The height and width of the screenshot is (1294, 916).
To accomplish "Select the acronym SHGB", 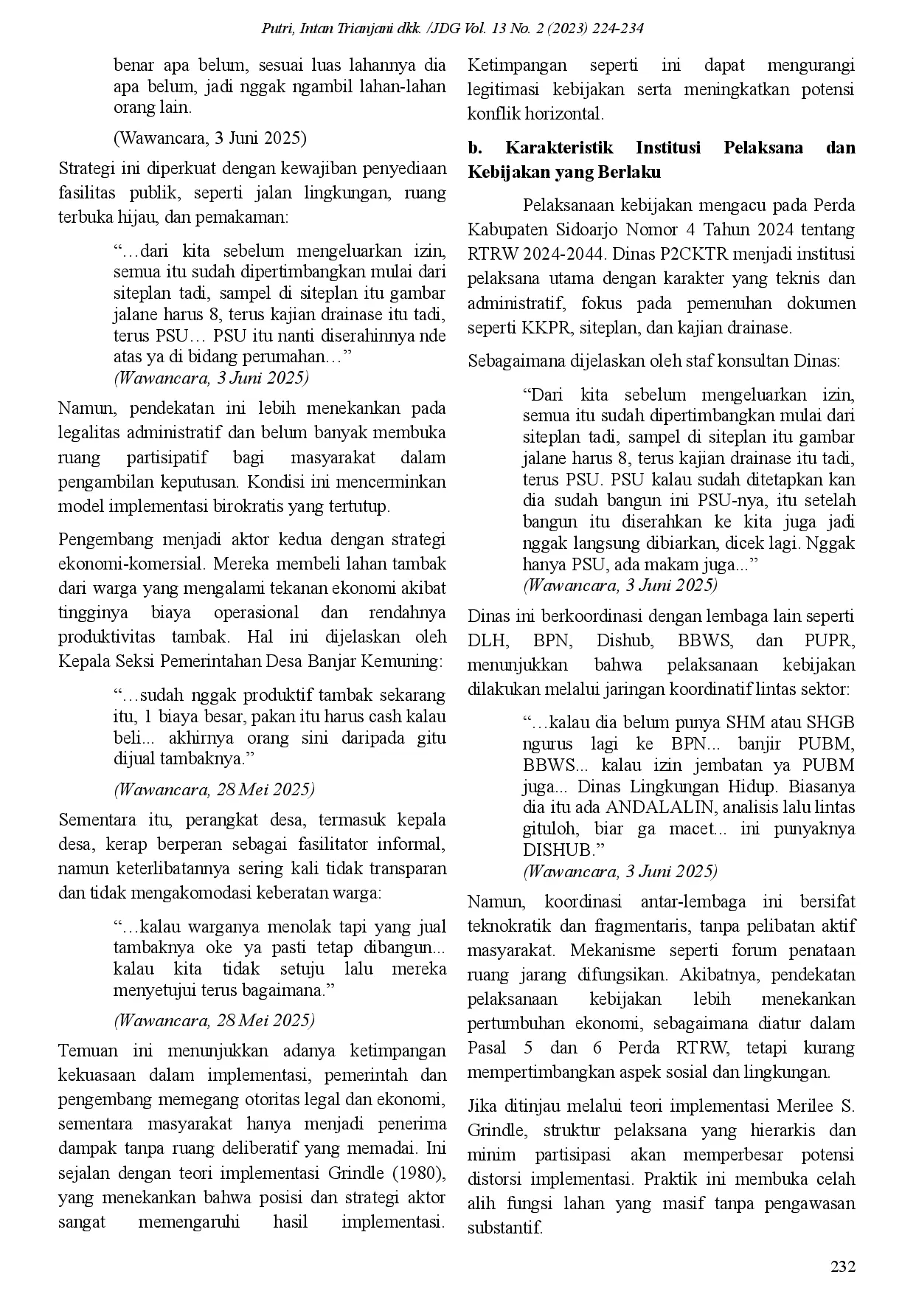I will tap(830, 722).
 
